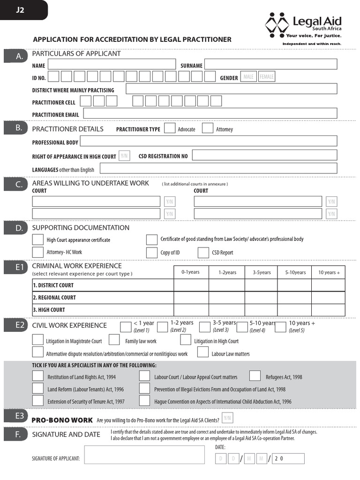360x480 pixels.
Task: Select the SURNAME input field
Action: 270,64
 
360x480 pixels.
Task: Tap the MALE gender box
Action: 248,77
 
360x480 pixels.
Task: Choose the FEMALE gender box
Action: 267,77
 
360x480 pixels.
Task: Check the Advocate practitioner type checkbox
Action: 170,128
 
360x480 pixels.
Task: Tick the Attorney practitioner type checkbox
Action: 208,128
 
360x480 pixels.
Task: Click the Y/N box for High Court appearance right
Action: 124,156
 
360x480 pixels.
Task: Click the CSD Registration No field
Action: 264,155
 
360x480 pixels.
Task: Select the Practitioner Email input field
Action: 210,113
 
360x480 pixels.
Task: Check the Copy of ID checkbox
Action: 151,253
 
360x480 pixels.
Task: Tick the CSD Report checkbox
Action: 203,253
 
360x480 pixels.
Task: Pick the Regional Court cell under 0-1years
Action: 191,298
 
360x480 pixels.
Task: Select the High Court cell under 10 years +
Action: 328,310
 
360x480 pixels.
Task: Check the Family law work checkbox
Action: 114,340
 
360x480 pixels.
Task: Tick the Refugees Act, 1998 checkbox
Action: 255,376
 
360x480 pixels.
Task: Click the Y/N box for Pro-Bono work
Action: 227,418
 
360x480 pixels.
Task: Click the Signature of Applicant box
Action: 144,455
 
